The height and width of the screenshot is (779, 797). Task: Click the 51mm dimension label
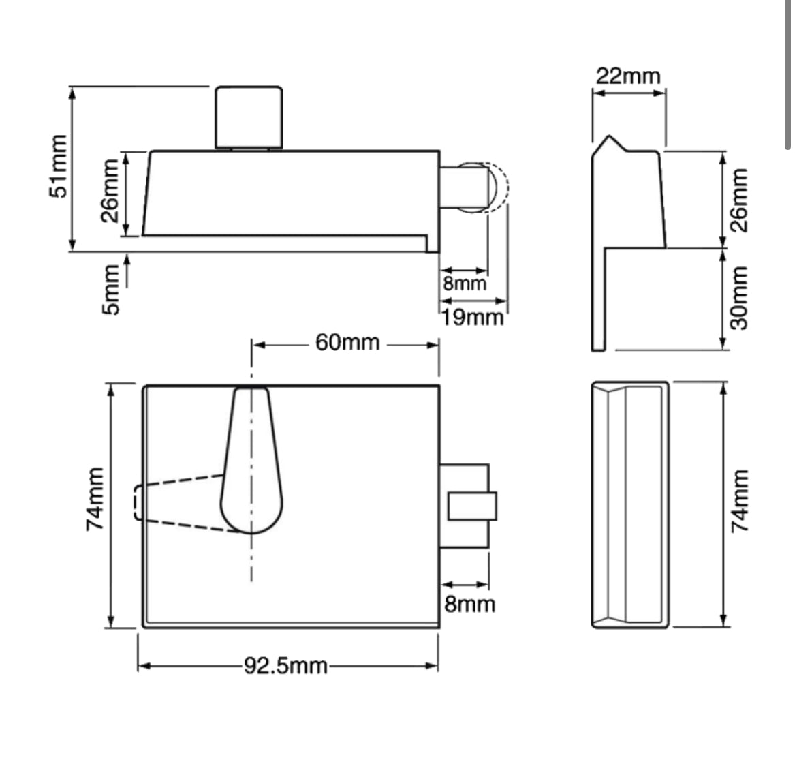pos(59,168)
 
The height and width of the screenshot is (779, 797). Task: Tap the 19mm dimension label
pos(472,317)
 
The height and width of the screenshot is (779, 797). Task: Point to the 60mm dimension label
pos(347,341)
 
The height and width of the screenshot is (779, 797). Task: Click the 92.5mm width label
pos(286,665)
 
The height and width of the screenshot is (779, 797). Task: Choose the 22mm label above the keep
pos(628,75)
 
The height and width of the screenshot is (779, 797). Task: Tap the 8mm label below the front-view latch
pos(469,604)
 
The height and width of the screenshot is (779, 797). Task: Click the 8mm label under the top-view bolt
pos(465,283)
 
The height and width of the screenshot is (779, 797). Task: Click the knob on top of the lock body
pos(248,117)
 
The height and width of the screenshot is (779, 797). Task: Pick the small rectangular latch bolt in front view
pos(471,506)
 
